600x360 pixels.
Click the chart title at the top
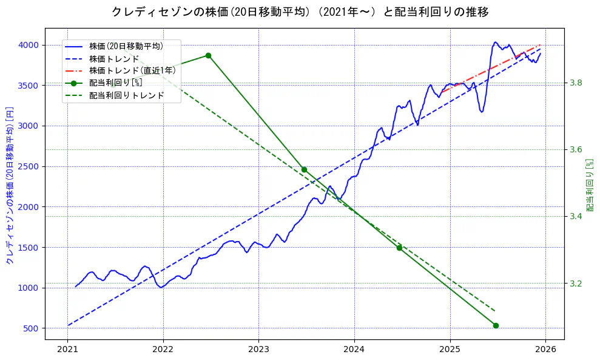[x=300, y=12]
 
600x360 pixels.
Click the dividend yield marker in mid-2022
[x=208, y=55]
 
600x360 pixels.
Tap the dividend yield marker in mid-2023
[x=304, y=169]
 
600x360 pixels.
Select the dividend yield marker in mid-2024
[x=399, y=248]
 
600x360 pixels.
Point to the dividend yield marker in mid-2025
[x=496, y=325]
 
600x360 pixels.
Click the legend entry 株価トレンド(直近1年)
[x=132, y=70]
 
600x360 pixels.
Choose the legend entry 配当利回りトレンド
[x=126, y=95]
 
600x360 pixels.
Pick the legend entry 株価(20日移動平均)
[x=126, y=46]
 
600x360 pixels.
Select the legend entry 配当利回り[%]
[x=115, y=83]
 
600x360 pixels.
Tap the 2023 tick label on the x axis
[x=258, y=350]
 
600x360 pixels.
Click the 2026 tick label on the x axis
[x=545, y=350]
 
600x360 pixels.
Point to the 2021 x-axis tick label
[x=67, y=350]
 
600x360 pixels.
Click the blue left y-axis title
[x=9, y=186]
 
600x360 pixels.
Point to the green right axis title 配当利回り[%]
[x=590, y=186]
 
